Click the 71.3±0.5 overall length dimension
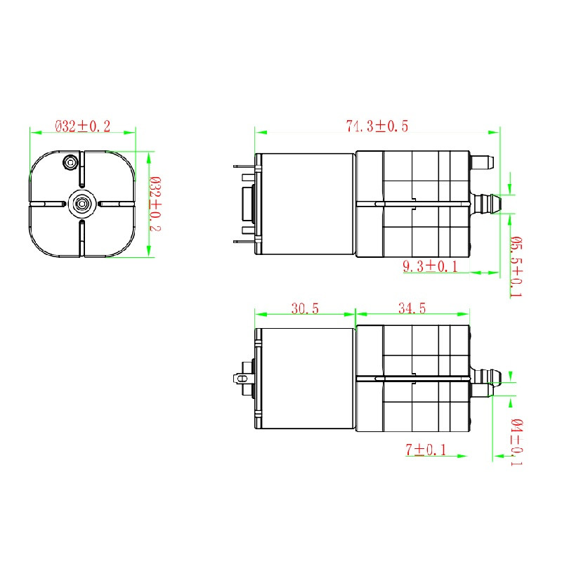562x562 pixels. pyautogui.click(x=377, y=126)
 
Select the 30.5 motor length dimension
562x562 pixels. pyautogui.click(x=305, y=308)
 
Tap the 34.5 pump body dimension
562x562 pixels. pyautogui.click(x=412, y=308)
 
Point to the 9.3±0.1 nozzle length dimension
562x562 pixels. pyautogui.click(x=430, y=266)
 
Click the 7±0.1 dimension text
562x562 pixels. pyautogui.click(x=426, y=450)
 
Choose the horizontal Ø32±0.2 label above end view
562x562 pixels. pyautogui.click(x=82, y=126)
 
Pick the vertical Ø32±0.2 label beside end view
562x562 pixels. pyautogui.click(x=155, y=204)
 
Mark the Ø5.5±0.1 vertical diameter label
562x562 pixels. pyautogui.click(x=516, y=267)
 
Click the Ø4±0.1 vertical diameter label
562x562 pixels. pyautogui.click(x=516, y=442)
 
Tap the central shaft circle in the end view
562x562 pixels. pyautogui.click(x=82, y=204)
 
